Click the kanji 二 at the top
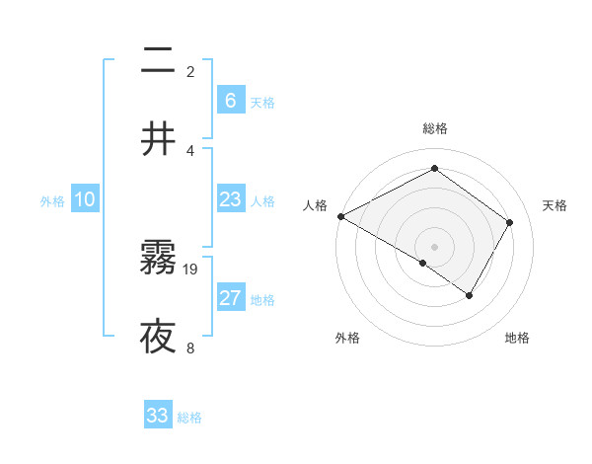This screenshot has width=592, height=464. [x=158, y=62]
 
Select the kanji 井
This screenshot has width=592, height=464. [x=158, y=139]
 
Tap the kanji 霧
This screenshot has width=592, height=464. [x=158, y=260]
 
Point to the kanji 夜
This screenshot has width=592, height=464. [x=158, y=337]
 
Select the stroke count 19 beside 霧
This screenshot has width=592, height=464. [x=190, y=270]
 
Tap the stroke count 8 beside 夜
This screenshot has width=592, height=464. [x=190, y=348]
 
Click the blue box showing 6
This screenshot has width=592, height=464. [x=231, y=100]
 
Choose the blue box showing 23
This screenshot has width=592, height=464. [x=231, y=199]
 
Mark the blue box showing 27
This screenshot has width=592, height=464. [x=231, y=298]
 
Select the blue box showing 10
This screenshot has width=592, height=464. [x=85, y=199]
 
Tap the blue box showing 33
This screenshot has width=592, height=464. [x=158, y=416]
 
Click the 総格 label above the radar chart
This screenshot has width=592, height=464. [x=434, y=128]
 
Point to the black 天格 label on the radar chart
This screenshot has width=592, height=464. [x=555, y=205]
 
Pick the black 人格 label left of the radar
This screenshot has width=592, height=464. [x=315, y=205]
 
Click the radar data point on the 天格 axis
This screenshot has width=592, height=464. [x=510, y=222]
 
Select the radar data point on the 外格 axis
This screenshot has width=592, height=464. [x=423, y=264]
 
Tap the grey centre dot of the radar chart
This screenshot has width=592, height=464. [x=434, y=246]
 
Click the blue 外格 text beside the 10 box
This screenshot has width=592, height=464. [x=52, y=200]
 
